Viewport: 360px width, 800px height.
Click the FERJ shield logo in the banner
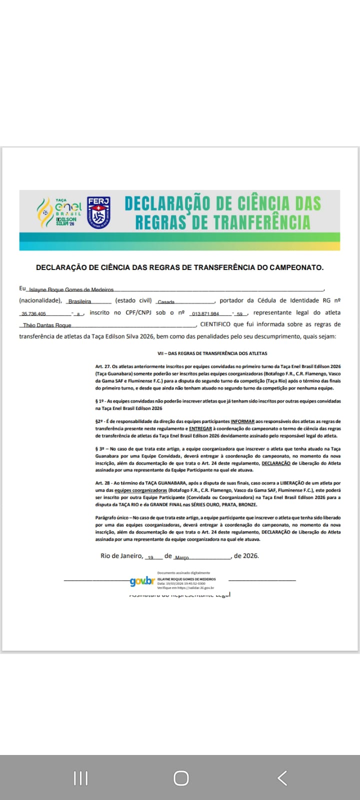[x=98, y=212]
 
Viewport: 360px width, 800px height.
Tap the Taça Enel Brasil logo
[x=59, y=212]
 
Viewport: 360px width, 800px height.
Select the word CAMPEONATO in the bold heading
[x=295, y=267]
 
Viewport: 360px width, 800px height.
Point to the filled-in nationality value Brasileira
[x=79, y=301]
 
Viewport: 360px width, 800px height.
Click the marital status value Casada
[x=166, y=302]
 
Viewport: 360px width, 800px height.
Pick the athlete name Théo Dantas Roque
[x=47, y=325]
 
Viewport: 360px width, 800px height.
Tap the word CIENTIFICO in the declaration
[x=215, y=324]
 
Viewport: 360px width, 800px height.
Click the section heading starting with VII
[x=212, y=353]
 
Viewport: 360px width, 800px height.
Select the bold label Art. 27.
[x=102, y=366]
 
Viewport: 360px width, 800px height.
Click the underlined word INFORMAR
[x=242, y=421]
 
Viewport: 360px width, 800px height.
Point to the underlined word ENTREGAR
[x=200, y=428]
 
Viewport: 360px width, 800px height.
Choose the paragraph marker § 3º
[x=99, y=449]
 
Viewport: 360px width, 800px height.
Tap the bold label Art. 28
[x=102, y=483]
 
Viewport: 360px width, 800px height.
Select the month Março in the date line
[x=181, y=557]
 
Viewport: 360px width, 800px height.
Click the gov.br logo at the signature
[x=142, y=581]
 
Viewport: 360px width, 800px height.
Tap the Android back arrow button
[x=282, y=778]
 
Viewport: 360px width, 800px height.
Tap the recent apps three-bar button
[x=80, y=778]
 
